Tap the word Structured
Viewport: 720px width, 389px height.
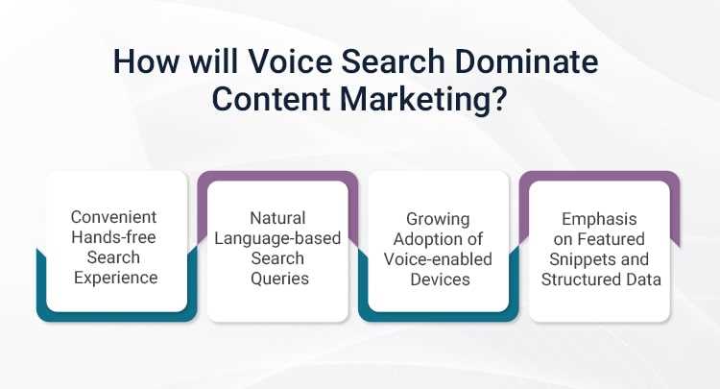click(579, 280)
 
